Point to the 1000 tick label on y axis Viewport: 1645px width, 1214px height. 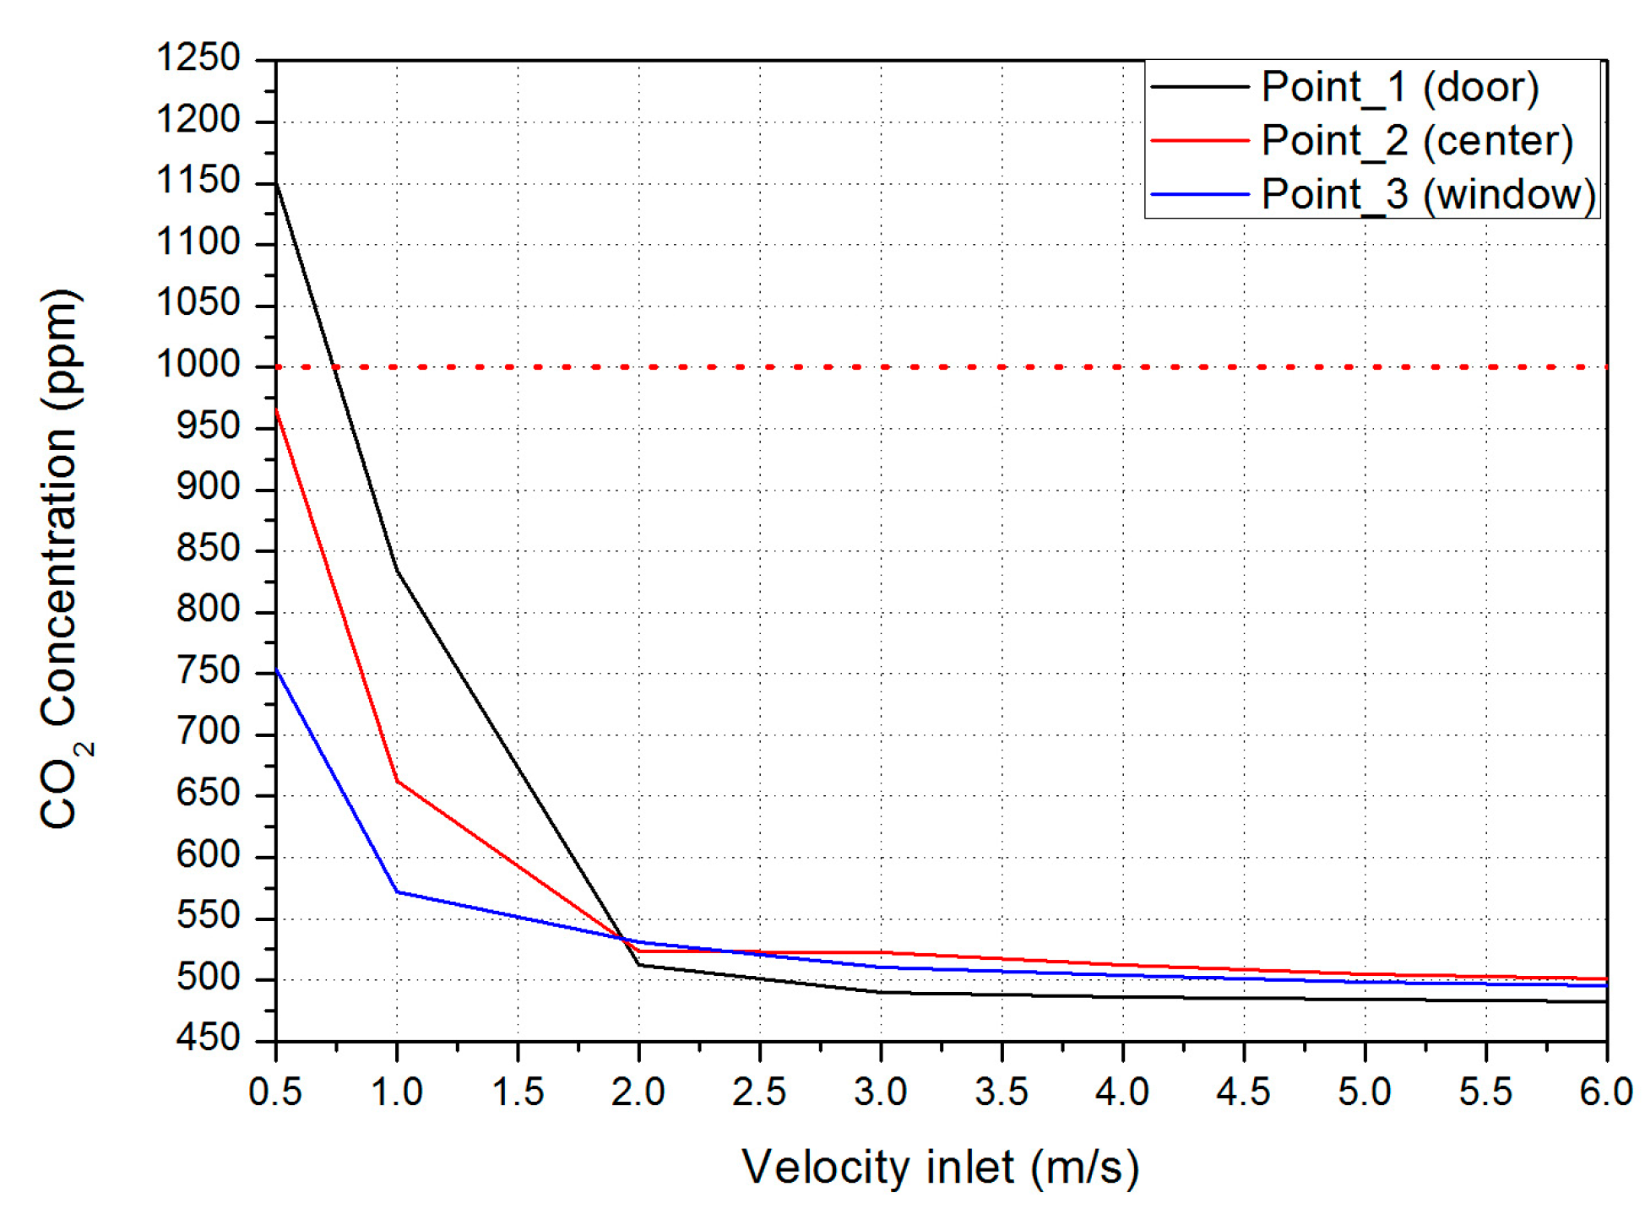(198, 365)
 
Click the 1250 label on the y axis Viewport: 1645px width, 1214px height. (198, 58)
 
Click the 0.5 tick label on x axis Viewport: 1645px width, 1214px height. (275, 1092)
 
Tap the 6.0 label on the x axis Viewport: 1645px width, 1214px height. (1605, 1092)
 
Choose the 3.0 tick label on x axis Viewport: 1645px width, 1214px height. (880, 1092)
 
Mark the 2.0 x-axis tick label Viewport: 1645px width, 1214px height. (638, 1092)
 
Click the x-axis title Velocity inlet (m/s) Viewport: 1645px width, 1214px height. (941, 1168)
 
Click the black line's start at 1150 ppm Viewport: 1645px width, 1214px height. (277, 182)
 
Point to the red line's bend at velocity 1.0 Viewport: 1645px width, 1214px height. (397, 781)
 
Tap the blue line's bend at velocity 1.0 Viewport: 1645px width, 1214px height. (397, 892)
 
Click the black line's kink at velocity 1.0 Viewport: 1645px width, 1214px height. (397, 572)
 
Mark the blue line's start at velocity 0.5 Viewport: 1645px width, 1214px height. (277, 670)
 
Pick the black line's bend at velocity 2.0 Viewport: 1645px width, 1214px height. (639, 964)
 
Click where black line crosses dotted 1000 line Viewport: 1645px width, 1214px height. (334, 367)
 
